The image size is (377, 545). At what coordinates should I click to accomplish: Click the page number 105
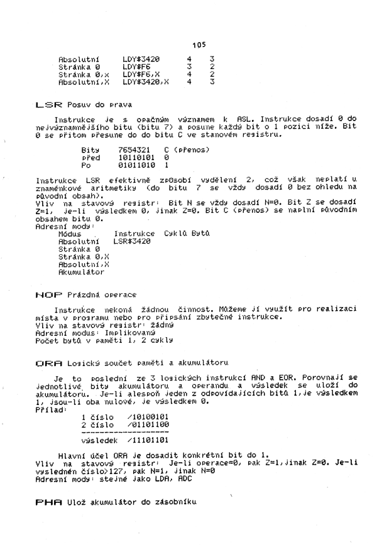[x=200, y=45]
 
